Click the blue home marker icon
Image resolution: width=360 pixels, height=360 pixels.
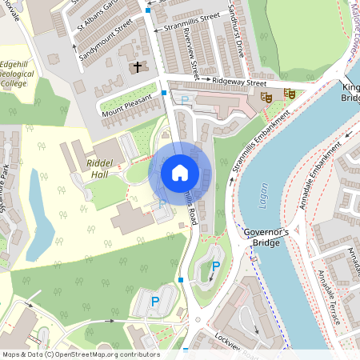(x=180, y=172)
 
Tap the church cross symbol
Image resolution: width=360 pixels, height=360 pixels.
(x=137, y=67)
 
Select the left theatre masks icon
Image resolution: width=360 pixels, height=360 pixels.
(x=266, y=96)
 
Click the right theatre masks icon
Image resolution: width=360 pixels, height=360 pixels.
(x=290, y=94)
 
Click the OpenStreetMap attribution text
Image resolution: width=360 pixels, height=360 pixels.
(x=80, y=354)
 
